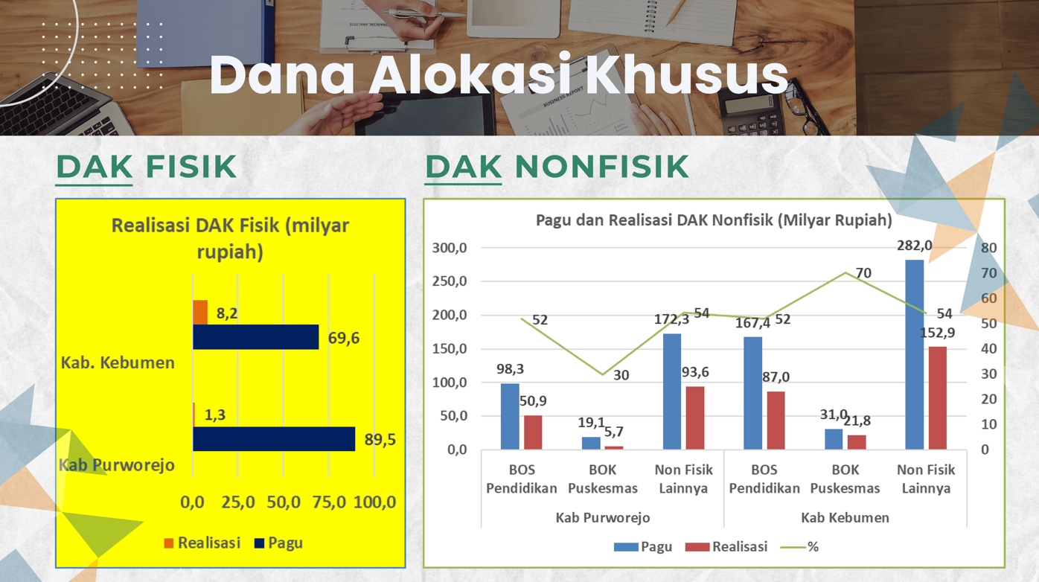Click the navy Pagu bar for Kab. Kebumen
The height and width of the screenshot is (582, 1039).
[255, 336]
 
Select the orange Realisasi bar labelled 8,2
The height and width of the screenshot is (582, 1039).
[200, 312]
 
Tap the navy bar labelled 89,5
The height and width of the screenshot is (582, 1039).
[274, 438]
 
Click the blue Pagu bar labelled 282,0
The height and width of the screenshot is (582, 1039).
[914, 354]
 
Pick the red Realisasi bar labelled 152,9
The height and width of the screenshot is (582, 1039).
[938, 398]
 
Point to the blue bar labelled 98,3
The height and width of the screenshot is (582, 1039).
[510, 417]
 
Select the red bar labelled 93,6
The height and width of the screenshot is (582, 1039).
[695, 418]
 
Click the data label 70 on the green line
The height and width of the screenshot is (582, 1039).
[863, 273]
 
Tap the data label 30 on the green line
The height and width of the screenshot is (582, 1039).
[621, 374]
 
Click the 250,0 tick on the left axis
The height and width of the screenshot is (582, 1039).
[450, 281]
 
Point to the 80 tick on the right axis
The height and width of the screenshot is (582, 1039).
[988, 248]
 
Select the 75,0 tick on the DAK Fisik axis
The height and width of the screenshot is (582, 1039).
[329, 502]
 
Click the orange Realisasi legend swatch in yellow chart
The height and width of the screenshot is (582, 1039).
[169, 543]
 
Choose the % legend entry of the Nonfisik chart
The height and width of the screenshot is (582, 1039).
[799, 547]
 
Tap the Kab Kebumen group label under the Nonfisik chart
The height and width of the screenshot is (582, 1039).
[845, 517]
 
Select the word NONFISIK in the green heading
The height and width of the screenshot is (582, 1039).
[601, 166]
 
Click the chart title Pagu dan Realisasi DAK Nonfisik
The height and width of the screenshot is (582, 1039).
[714, 220]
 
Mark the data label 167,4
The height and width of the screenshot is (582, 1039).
[752, 323]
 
